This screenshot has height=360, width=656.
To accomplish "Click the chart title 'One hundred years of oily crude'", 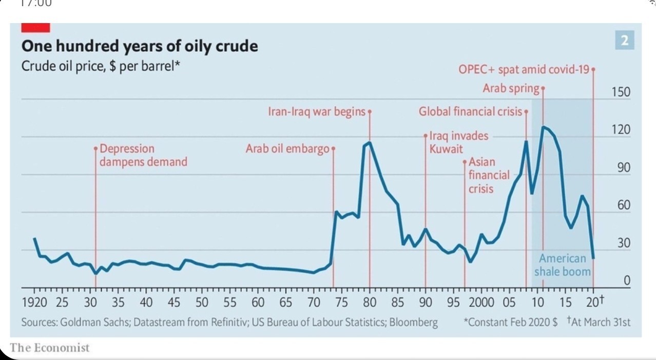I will pos(139,46).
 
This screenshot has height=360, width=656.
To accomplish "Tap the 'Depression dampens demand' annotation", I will pos(143,155).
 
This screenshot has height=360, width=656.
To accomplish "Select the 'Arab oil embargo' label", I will pos(287,149).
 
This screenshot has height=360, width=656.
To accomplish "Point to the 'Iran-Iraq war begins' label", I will pos(317,111).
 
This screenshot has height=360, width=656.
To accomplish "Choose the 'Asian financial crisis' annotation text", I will pos(489,175).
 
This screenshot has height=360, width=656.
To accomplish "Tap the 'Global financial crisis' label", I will pos(470,111).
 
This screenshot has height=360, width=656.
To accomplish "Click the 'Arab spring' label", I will pos(511,88).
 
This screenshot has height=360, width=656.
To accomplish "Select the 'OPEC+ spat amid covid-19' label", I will pos(524,70).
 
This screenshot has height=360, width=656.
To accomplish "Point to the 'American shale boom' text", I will pos(562,265).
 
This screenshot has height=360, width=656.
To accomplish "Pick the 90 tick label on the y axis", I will pos(623,168).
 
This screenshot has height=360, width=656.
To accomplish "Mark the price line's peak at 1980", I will pos(369,143).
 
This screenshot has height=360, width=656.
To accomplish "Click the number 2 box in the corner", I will pos(624,40).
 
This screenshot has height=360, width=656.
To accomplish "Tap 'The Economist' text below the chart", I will pos(49,348).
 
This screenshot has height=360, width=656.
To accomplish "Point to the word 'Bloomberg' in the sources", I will pos(414,323).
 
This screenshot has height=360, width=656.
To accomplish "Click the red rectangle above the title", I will pos(36,28).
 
